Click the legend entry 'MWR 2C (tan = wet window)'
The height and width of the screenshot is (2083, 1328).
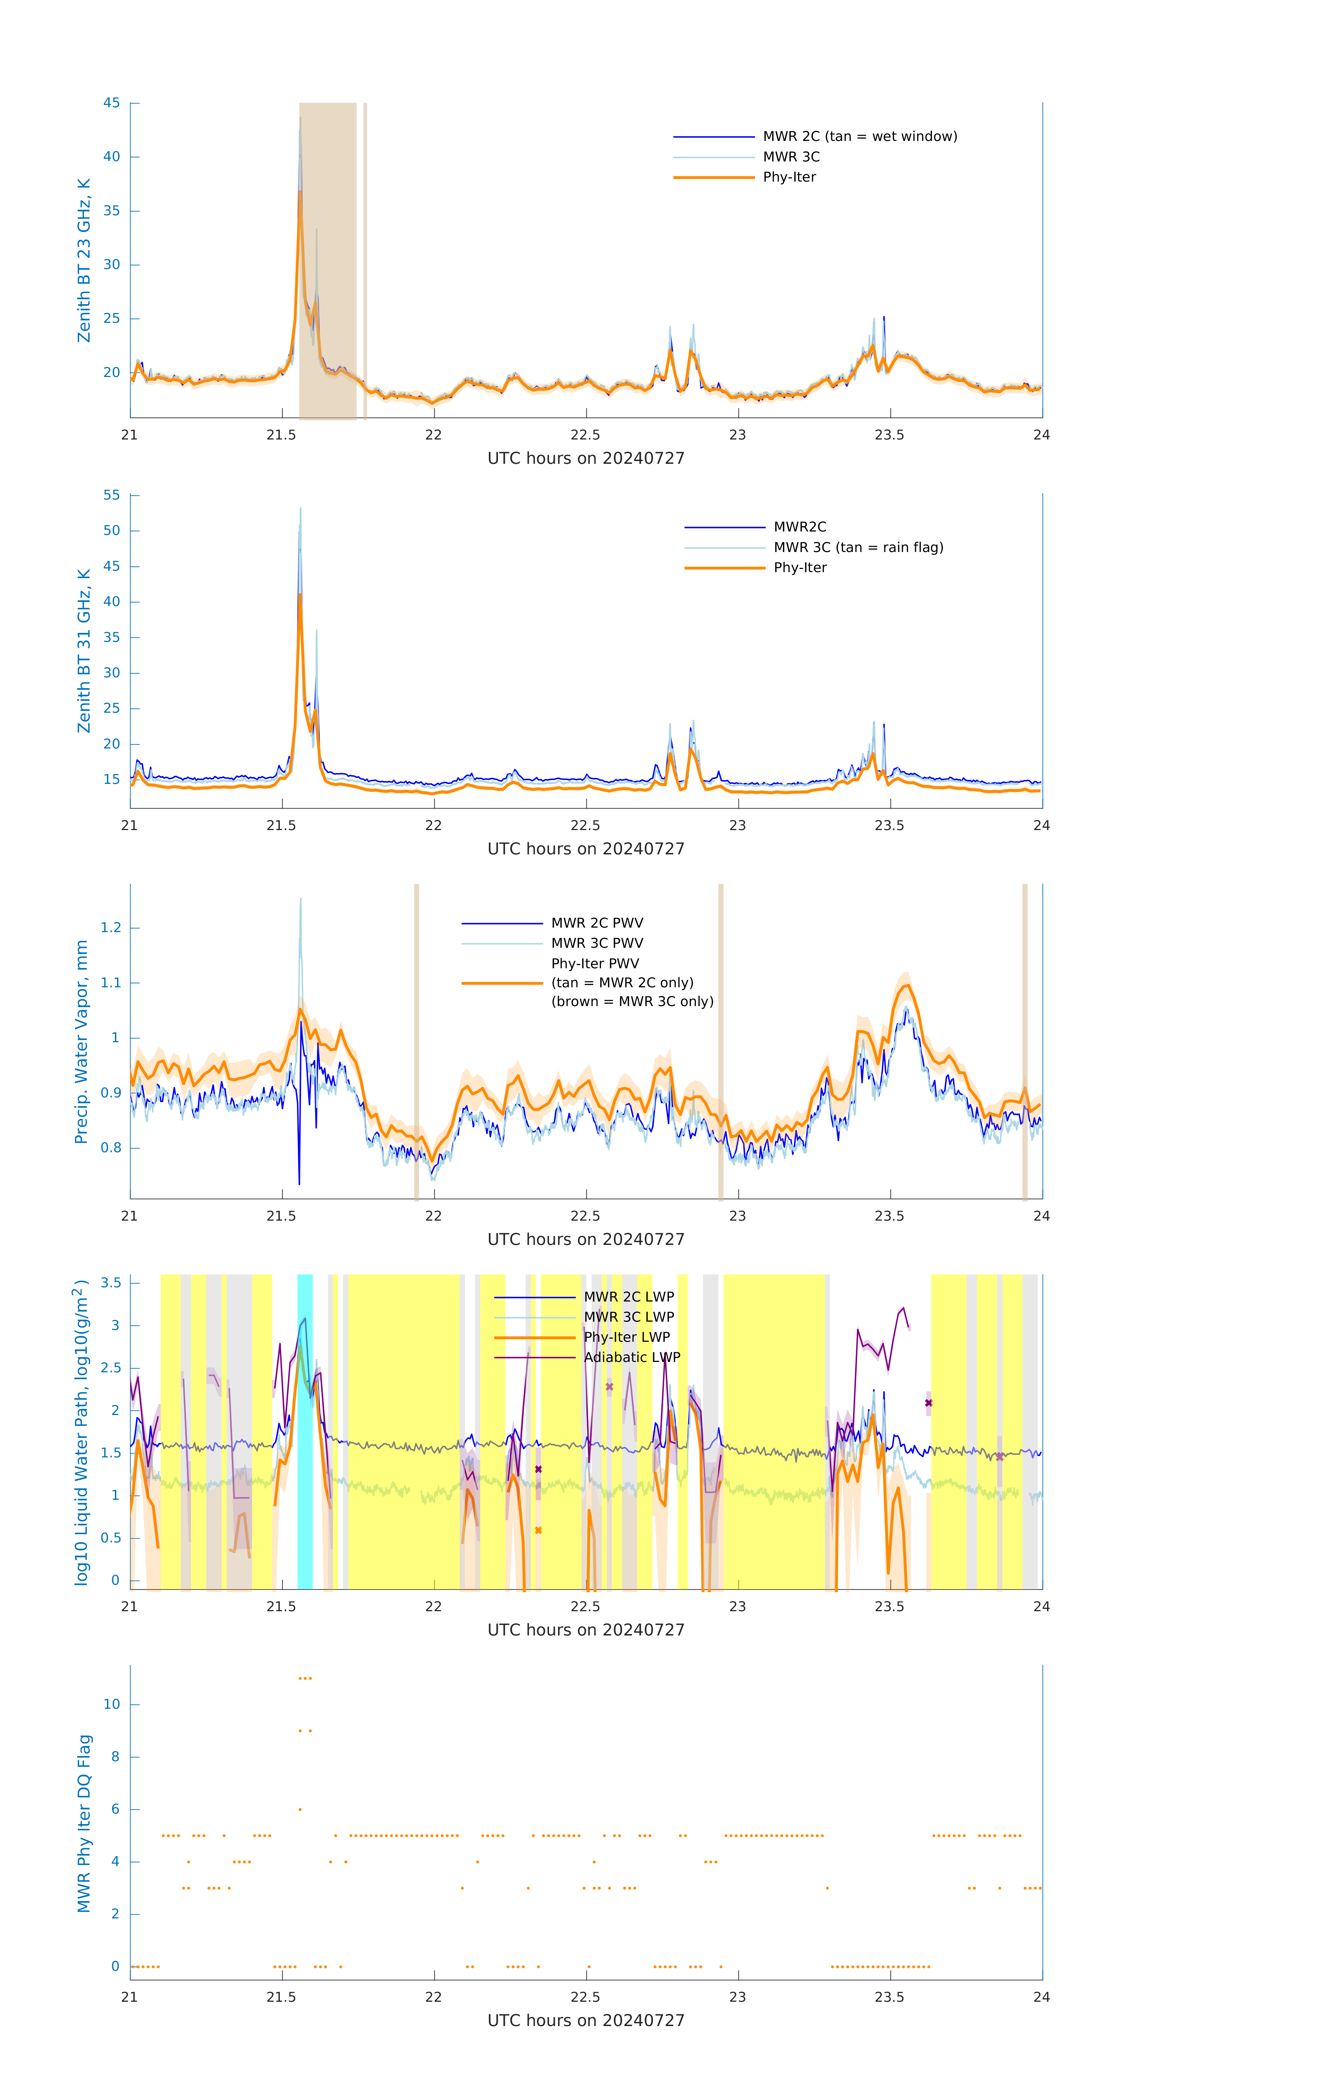(x=859, y=137)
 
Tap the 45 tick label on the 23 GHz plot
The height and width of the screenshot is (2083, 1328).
(x=111, y=103)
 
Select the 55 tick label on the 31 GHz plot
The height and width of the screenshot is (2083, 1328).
(x=111, y=496)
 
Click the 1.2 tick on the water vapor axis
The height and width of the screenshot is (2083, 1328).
(x=111, y=928)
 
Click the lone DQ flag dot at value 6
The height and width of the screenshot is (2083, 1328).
(x=300, y=1810)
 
